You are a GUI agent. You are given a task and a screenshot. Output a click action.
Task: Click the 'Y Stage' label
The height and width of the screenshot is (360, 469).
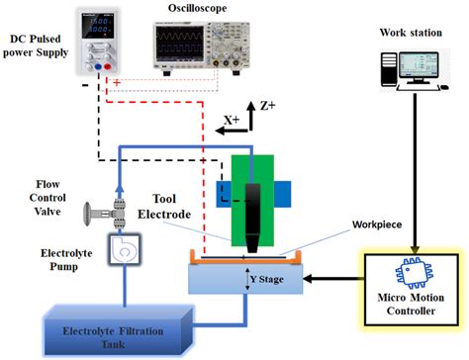pyautogui.click(x=269, y=280)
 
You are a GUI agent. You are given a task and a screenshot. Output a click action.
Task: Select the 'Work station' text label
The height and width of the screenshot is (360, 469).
pyautogui.click(x=410, y=32)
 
